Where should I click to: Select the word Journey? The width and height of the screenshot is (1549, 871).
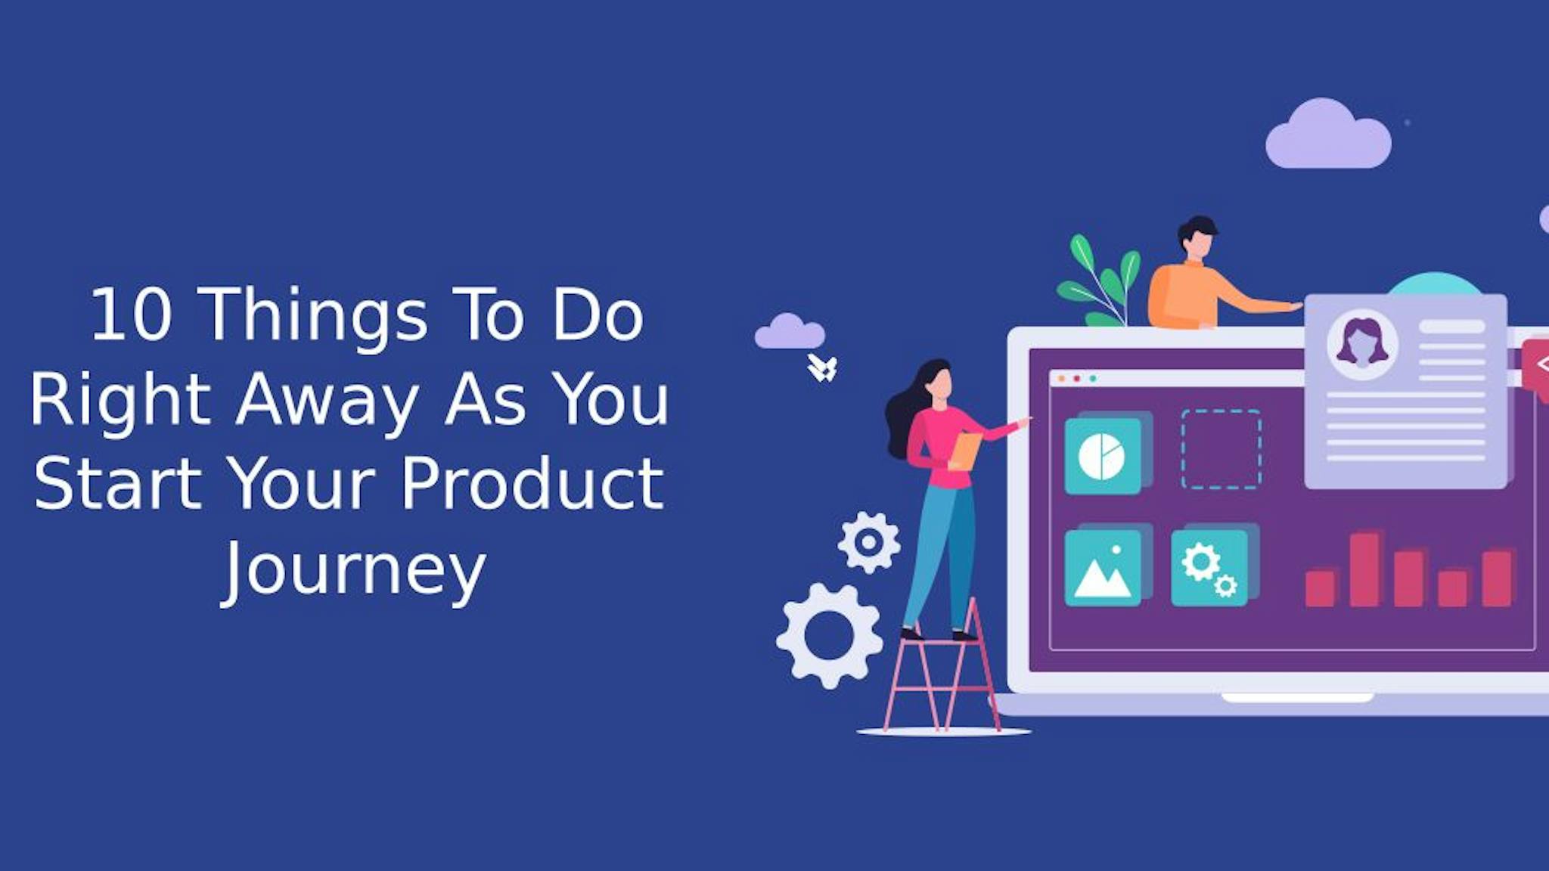click(354, 569)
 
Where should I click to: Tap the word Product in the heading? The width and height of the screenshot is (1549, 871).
click(532, 484)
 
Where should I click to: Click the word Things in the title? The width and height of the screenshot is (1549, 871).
click(316, 316)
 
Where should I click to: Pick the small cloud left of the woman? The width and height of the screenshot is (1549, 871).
click(790, 333)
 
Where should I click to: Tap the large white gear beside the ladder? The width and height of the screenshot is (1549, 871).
click(830, 635)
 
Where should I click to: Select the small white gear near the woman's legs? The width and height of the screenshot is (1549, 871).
click(869, 542)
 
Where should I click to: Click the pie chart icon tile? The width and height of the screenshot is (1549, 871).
click(1103, 457)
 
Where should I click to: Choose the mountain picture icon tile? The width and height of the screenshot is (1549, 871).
click(1103, 569)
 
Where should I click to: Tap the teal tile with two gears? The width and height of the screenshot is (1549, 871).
click(1209, 569)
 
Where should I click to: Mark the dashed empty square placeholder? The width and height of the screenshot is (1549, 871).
click(1221, 449)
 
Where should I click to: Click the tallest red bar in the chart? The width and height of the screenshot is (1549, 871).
click(1364, 569)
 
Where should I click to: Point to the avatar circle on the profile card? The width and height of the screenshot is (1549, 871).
click(1362, 345)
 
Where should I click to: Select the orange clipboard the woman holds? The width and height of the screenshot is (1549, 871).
click(965, 451)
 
